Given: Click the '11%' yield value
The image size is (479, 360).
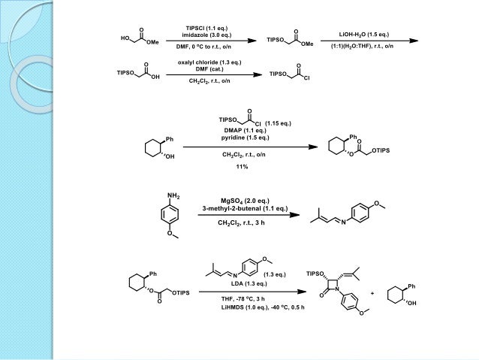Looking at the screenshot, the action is (x=242, y=167).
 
